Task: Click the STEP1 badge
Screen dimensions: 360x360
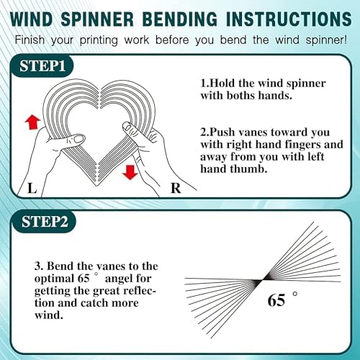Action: (x=42, y=66)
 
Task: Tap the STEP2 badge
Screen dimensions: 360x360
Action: (x=44, y=221)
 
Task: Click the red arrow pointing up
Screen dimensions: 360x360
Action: (x=32, y=122)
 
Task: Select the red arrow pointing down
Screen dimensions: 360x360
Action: (x=130, y=172)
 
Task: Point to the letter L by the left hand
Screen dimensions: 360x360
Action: (x=32, y=188)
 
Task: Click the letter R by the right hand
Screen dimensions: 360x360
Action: (x=176, y=188)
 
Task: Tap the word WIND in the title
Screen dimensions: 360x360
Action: (x=32, y=19)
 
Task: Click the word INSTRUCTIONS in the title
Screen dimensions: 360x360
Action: (x=289, y=19)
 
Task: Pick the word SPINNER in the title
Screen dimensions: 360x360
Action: (x=97, y=19)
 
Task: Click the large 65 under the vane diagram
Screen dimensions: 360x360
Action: (x=276, y=300)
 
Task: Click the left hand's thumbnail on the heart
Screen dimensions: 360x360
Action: (x=78, y=139)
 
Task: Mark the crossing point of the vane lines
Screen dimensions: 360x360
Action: (x=261, y=280)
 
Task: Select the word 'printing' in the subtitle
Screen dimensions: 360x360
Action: (x=99, y=40)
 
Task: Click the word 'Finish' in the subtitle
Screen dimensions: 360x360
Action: (x=30, y=40)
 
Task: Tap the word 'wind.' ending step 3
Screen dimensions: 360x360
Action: (x=49, y=315)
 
